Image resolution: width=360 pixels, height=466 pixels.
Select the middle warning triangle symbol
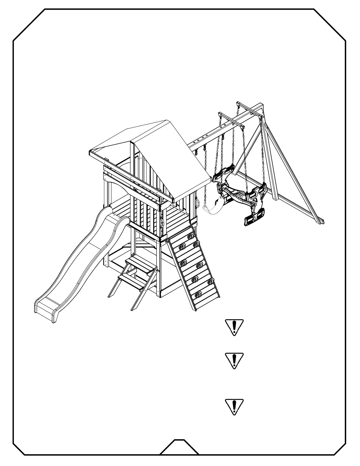pos(234,361)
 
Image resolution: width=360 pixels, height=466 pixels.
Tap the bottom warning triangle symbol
pos(234,407)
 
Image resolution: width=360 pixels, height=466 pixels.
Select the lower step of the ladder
pos(132,281)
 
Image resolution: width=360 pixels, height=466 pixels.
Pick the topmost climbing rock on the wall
pos(191,235)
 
